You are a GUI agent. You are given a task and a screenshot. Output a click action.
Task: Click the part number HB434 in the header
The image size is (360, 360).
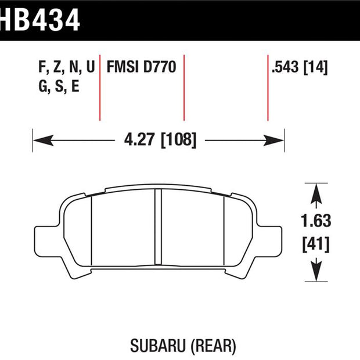39,20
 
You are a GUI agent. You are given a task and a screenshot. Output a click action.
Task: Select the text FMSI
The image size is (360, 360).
123,67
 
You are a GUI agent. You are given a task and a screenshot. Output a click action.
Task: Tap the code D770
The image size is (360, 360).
160,67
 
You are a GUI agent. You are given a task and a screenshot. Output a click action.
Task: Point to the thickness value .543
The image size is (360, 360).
285,67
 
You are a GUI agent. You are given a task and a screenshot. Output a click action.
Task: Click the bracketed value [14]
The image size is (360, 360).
316,67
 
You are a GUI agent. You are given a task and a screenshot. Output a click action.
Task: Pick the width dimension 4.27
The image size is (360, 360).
139,139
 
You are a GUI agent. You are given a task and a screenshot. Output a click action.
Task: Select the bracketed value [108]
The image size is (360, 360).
179,140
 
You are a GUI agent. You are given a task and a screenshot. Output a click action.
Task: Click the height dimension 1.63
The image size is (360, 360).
316,221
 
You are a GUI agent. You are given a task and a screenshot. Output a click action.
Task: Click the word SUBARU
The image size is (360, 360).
158,346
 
